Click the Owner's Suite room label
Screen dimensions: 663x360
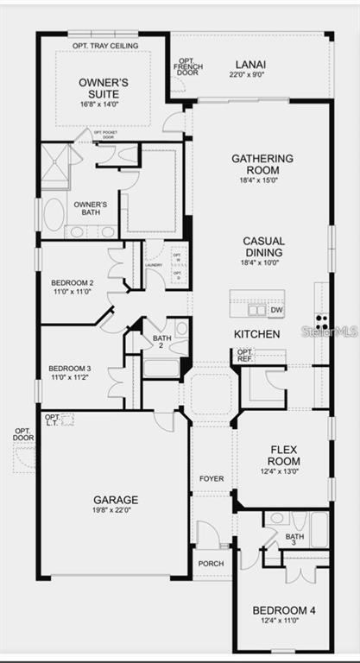pyautogui.click(x=104, y=87)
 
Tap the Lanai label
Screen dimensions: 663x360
pyautogui.click(x=250, y=65)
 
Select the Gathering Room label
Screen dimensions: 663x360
pyautogui.click(x=262, y=165)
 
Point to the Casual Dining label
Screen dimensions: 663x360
pyautogui.click(x=263, y=247)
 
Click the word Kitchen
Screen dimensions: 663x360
pyautogui.click(x=256, y=333)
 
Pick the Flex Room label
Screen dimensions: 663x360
pyautogui.click(x=284, y=455)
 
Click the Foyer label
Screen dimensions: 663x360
pyautogui.click(x=212, y=478)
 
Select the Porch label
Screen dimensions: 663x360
pyautogui.click(x=211, y=564)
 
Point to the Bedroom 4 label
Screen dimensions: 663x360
pyautogui.click(x=284, y=611)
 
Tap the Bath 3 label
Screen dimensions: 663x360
pyautogui.click(x=294, y=539)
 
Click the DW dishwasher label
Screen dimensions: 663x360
pyautogui.click(x=276, y=310)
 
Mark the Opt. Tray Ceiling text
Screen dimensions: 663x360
pyautogui.click(x=104, y=46)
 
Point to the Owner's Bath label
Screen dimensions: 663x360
pyautogui.click(x=90, y=208)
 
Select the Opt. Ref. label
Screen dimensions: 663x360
pyautogui.click(x=245, y=355)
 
